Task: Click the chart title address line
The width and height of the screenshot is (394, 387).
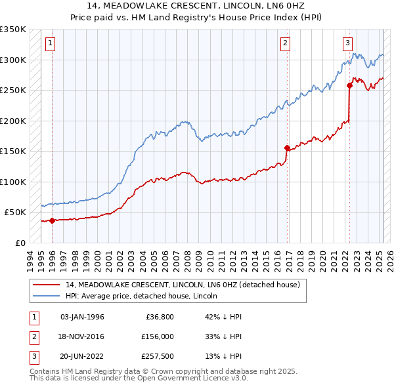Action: click(197, 7)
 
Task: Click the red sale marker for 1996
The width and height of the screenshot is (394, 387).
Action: click(51, 220)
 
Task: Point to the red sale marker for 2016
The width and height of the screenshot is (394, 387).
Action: click(287, 148)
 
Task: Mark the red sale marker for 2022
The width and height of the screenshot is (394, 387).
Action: click(349, 85)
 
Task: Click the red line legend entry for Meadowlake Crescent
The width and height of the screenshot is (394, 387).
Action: click(183, 285)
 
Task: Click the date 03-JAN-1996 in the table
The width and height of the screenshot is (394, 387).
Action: click(82, 317)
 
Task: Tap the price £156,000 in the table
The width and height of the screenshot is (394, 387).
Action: click(158, 336)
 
